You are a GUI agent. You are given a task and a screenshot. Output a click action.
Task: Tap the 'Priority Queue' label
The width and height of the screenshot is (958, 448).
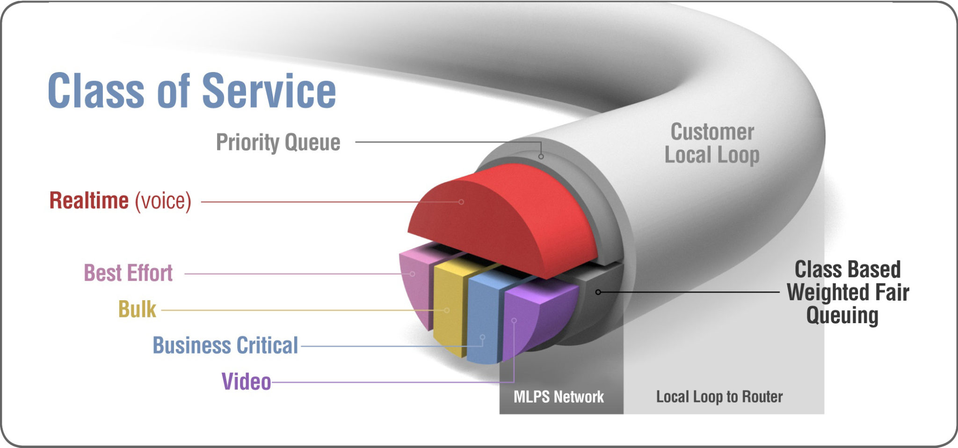coord(278,142)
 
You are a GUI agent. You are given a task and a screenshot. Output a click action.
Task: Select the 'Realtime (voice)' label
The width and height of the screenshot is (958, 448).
coord(120,201)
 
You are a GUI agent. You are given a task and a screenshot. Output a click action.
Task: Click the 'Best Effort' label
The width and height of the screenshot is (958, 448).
coord(128,273)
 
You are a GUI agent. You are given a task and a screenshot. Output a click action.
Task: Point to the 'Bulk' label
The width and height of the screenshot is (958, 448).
coord(137,309)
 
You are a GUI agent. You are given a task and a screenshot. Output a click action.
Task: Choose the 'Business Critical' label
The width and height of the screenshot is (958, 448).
coord(225,346)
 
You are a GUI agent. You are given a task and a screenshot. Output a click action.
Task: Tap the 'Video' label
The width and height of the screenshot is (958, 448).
coord(246,382)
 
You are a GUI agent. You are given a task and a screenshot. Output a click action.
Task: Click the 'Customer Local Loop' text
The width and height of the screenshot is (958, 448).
coord(712,144)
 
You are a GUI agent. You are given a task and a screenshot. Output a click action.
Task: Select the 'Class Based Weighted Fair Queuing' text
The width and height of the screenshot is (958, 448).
coord(848,292)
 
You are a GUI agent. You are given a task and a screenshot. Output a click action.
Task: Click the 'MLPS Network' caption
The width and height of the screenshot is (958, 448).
coord(559,397)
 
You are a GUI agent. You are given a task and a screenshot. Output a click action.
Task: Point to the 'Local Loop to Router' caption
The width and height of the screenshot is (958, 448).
coord(719,397)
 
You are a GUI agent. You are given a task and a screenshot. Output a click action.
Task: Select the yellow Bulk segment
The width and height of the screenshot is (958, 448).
coord(449,304)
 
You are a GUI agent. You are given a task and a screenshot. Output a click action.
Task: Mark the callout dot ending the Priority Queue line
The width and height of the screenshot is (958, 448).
coord(541,157)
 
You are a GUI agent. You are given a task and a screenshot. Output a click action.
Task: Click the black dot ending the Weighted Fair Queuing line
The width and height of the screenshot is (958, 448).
coord(598,292)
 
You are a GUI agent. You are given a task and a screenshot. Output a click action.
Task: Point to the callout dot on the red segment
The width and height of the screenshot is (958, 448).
coord(461,202)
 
